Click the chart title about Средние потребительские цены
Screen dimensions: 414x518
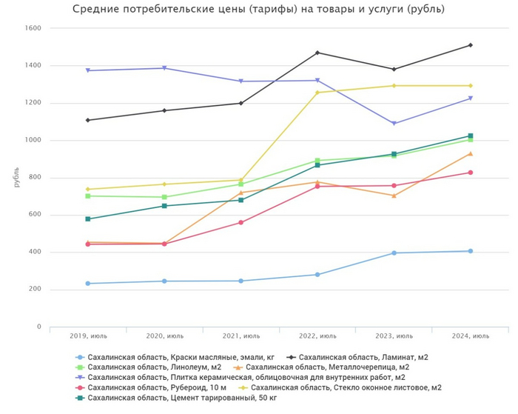pyautogui.click(x=258, y=10)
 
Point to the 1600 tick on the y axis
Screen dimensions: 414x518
pyautogui.click(x=33, y=28)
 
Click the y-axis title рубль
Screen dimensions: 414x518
pyautogui.click(x=16, y=177)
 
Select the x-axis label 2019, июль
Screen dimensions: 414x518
pyautogui.click(x=87, y=335)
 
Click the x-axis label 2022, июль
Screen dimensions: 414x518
pyautogui.click(x=317, y=335)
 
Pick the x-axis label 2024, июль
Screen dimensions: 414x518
pyautogui.click(x=470, y=335)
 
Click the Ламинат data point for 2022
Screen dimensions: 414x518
pyautogui.click(x=317, y=53)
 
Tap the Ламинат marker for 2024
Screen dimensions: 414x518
pyautogui.click(x=470, y=45)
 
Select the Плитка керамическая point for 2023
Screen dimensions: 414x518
pyautogui.click(x=394, y=124)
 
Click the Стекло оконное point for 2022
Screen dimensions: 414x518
pyautogui.click(x=317, y=93)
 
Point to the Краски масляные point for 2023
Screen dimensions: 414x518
pyautogui.click(x=394, y=253)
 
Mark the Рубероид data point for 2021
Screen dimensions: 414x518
pyautogui.click(x=240, y=222)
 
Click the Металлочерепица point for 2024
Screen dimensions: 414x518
pyautogui.click(x=470, y=153)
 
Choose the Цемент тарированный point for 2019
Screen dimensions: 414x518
pyautogui.click(x=87, y=219)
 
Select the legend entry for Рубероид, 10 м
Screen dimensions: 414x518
pyautogui.click(x=141, y=387)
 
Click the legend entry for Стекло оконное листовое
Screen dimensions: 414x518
pyautogui.click(x=347, y=387)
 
